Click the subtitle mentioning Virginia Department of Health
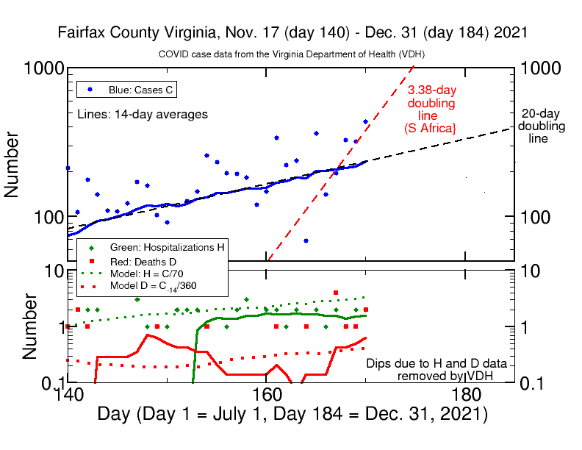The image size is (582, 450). point(292,55)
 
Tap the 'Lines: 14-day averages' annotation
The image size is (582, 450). point(143,114)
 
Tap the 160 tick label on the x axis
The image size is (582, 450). point(265,395)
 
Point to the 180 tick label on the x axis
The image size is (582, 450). point(462,395)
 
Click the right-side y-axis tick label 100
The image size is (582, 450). point(539,218)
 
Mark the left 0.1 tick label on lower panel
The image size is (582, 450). point(49,383)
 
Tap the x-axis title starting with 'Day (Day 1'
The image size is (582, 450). point(292,414)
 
